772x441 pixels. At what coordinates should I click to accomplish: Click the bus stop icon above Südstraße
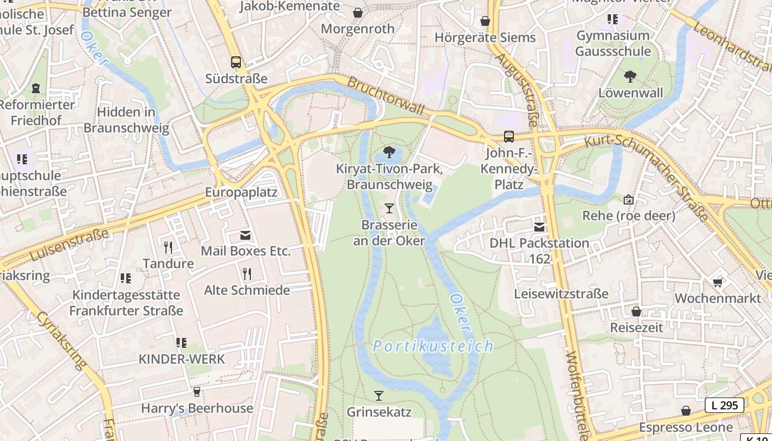point(236,62)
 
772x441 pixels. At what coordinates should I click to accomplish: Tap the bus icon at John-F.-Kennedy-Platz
point(509,136)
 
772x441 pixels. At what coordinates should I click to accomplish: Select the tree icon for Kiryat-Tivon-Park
point(389,152)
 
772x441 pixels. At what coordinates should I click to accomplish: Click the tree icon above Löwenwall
point(630,77)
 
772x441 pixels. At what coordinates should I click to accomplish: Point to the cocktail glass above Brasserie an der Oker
point(389,208)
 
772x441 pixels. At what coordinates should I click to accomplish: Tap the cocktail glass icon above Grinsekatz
point(379,395)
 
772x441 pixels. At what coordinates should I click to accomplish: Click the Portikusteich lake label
point(433,346)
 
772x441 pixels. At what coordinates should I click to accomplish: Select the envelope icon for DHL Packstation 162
point(539,227)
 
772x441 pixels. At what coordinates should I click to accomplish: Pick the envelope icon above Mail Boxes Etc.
point(245,235)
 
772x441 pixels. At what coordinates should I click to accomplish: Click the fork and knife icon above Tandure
point(168,248)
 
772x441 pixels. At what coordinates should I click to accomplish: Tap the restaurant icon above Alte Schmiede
point(247,273)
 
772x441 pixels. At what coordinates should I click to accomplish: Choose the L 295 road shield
point(724,405)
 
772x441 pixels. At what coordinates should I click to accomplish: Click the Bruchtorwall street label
point(385,96)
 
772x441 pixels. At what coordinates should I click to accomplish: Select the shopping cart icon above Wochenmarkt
point(717,282)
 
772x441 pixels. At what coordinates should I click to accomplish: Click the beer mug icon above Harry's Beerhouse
point(197,392)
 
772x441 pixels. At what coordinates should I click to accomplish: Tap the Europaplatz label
point(241,192)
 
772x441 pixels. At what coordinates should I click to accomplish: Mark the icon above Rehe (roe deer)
point(628,200)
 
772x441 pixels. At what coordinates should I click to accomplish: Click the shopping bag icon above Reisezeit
point(636,311)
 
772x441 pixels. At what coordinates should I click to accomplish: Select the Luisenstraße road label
point(69,245)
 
